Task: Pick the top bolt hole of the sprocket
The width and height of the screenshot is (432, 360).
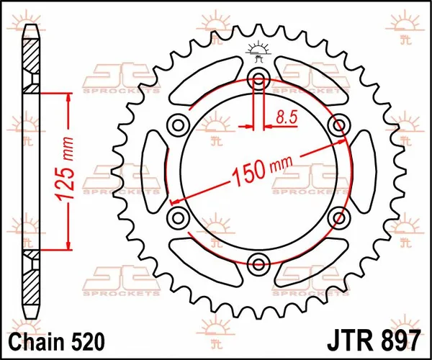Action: tap(258, 80)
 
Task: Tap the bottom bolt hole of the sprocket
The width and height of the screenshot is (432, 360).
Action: tap(258, 261)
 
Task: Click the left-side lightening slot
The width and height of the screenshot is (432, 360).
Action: tap(153, 171)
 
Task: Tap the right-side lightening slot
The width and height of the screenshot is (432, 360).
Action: tap(364, 171)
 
